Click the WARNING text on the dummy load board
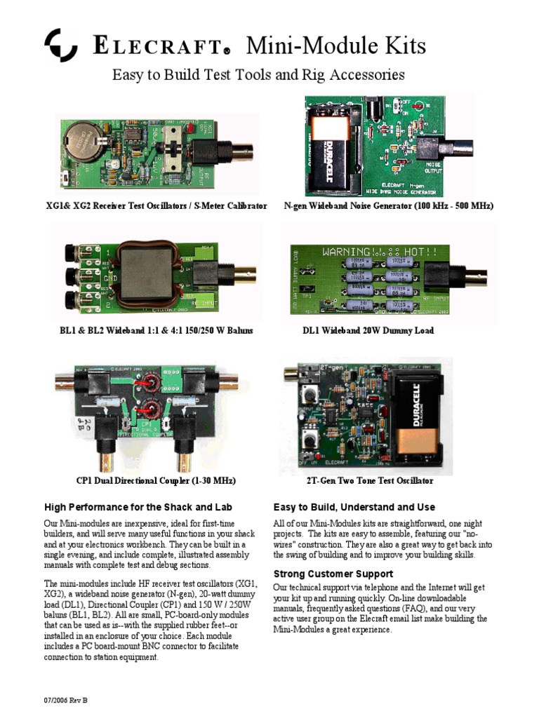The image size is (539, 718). pos(348,251)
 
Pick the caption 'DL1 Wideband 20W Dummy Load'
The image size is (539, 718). pos(368,330)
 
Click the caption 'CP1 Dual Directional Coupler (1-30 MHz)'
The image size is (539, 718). pos(156,481)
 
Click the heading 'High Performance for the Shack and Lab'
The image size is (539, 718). pos(138,507)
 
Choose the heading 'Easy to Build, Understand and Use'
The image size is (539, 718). pos(354,507)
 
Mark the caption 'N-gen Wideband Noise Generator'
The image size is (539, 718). pos(388,206)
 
